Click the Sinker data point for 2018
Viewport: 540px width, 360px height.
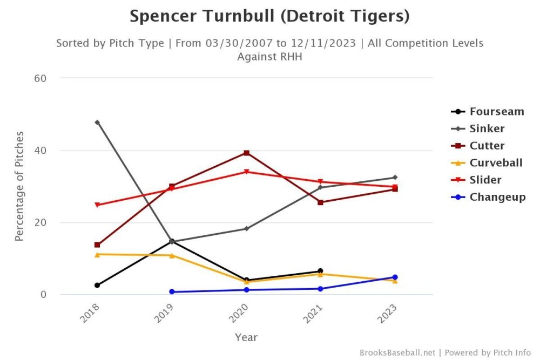97,123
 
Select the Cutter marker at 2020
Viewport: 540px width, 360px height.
246,153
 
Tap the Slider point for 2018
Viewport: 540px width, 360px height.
97,205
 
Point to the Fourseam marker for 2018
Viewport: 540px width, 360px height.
97,285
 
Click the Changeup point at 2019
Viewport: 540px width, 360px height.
172,292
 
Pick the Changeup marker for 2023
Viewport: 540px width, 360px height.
395,277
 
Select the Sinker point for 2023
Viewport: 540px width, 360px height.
395,178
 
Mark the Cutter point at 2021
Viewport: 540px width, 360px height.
321,202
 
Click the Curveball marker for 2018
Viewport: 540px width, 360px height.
97,254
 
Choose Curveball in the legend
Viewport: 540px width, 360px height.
496,162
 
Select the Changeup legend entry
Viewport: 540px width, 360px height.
497,196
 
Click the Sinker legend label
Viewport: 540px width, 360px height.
487,128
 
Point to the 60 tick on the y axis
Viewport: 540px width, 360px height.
40,78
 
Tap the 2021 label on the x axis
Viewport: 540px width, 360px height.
313,315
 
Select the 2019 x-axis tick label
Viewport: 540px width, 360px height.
164,315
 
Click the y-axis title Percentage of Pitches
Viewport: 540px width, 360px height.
19,186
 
